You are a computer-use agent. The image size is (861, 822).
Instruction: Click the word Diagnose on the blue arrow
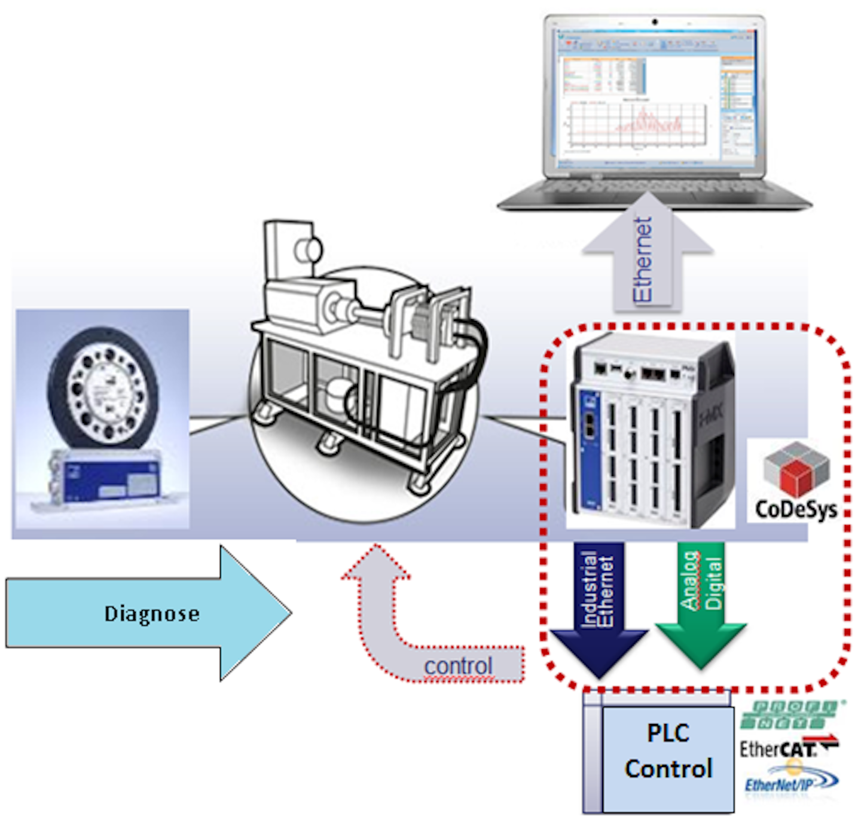(x=152, y=614)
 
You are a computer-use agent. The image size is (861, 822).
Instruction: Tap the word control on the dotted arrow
(x=458, y=666)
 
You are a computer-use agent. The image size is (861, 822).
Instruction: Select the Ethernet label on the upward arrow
(x=643, y=260)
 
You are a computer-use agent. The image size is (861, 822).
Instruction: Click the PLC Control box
(x=668, y=751)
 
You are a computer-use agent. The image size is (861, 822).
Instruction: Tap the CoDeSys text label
(x=796, y=509)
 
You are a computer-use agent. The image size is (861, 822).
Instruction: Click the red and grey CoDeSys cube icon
(x=796, y=469)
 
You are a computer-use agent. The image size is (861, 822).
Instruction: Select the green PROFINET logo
(x=789, y=714)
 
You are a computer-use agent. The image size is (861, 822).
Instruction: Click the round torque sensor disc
(x=103, y=389)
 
